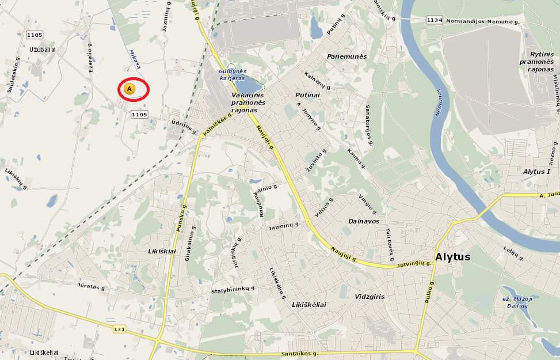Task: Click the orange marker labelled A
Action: (129, 89)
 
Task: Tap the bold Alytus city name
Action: (453, 257)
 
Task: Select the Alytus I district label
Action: (536, 172)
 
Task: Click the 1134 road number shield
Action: (435, 20)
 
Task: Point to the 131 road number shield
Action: (119, 328)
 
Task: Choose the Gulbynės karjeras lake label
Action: (232, 74)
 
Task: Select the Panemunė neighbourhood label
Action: (346, 56)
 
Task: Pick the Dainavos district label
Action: (364, 221)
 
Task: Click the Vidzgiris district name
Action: (369, 297)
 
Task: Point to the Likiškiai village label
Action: (162, 251)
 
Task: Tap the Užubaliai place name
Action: (43, 50)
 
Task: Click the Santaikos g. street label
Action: (299, 354)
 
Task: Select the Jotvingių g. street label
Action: (414, 264)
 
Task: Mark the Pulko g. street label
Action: (430, 292)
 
